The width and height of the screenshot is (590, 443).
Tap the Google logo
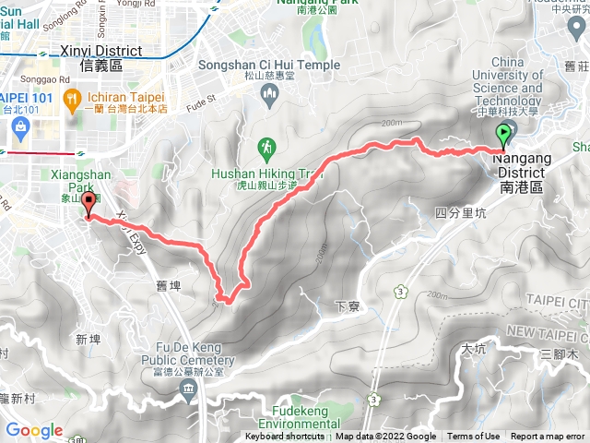click(34, 430)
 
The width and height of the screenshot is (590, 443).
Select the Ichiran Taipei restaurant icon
click(71, 98)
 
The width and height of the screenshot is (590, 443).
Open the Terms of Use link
click(474, 437)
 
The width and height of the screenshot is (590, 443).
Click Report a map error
click(548, 437)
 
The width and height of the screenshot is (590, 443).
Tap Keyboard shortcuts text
click(286, 437)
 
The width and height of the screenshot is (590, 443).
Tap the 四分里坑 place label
click(458, 213)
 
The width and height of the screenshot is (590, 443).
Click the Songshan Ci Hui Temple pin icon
click(268, 91)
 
